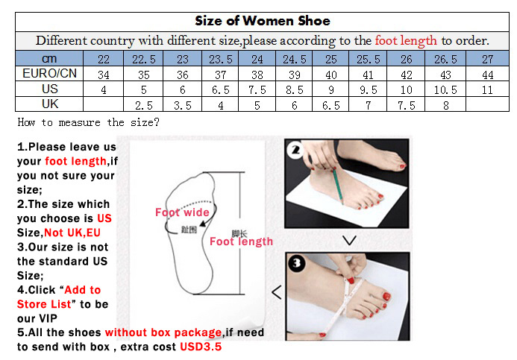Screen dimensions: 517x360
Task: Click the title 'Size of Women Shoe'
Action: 263,21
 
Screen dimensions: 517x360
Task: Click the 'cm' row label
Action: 49,59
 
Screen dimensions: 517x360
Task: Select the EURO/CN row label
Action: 49,73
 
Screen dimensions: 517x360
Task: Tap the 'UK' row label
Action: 50,104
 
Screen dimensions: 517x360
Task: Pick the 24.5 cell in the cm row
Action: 294,59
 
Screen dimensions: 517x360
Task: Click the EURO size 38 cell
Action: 257,75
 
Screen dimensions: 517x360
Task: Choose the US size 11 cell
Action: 487,89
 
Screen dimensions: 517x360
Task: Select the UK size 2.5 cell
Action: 144,105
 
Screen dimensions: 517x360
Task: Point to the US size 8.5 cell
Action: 294,89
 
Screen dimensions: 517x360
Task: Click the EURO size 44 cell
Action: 487,75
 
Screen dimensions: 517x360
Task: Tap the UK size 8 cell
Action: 446,105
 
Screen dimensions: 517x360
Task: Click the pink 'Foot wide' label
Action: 182,212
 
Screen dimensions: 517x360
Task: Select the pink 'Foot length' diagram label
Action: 242,241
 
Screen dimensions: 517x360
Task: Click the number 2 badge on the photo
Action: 295,151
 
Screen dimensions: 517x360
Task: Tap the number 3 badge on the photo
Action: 296,263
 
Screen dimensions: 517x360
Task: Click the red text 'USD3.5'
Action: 201,347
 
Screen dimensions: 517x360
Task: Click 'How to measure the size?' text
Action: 88,122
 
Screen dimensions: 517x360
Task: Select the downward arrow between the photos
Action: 349,240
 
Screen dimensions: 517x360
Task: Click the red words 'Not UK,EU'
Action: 72,233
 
